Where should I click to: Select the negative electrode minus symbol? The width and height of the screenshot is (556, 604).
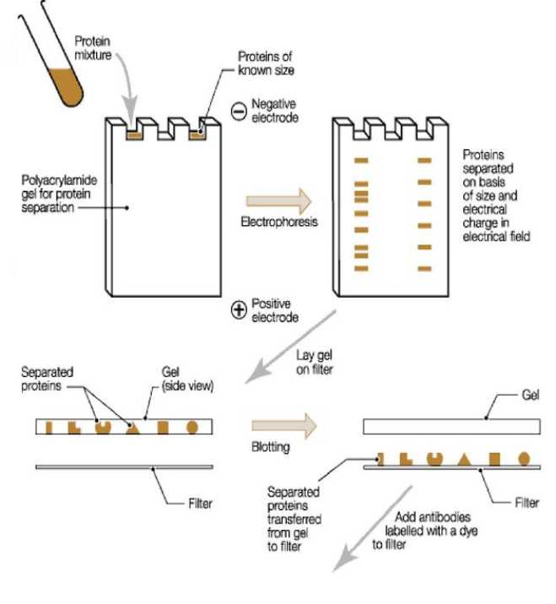click(239, 110)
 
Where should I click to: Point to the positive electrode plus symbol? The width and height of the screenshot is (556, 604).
click(239, 310)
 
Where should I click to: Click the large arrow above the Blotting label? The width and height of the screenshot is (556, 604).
click(283, 426)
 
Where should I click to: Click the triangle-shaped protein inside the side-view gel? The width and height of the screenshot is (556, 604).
click(131, 427)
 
